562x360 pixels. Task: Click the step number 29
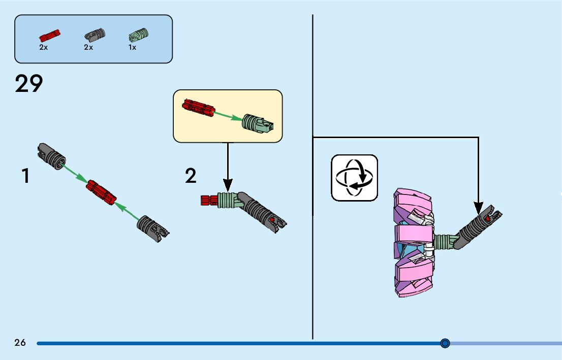pyautogui.click(x=29, y=84)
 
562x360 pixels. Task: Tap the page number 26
pyautogui.click(x=20, y=343)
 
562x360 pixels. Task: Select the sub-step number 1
pyautogui.click(x=25, y=176)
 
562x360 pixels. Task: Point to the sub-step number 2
pyautogui.click(x=191, y=176)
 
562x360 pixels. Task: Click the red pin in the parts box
pyautogui.click(x=50, y=36)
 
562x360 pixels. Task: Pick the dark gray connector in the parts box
pyautogui.click(x=95, y=35)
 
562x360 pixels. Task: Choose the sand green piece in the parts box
pyautogui.click(x=138, y=35)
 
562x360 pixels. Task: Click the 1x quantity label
pyautogui.click(x=132, y=47)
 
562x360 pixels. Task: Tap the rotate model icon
pyautogui.click(x=354, y=178)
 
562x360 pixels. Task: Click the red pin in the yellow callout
pyautogui.click(x=197, y=107)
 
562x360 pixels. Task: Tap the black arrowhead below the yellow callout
pyautogui.click(x=228, y=186)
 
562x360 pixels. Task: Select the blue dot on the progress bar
pyautogui.click(x=445, y=343)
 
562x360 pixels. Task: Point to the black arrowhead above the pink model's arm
pyautogui.click(x=479, y=208)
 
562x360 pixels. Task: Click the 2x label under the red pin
pyautogui.click(x=43, y=47)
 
